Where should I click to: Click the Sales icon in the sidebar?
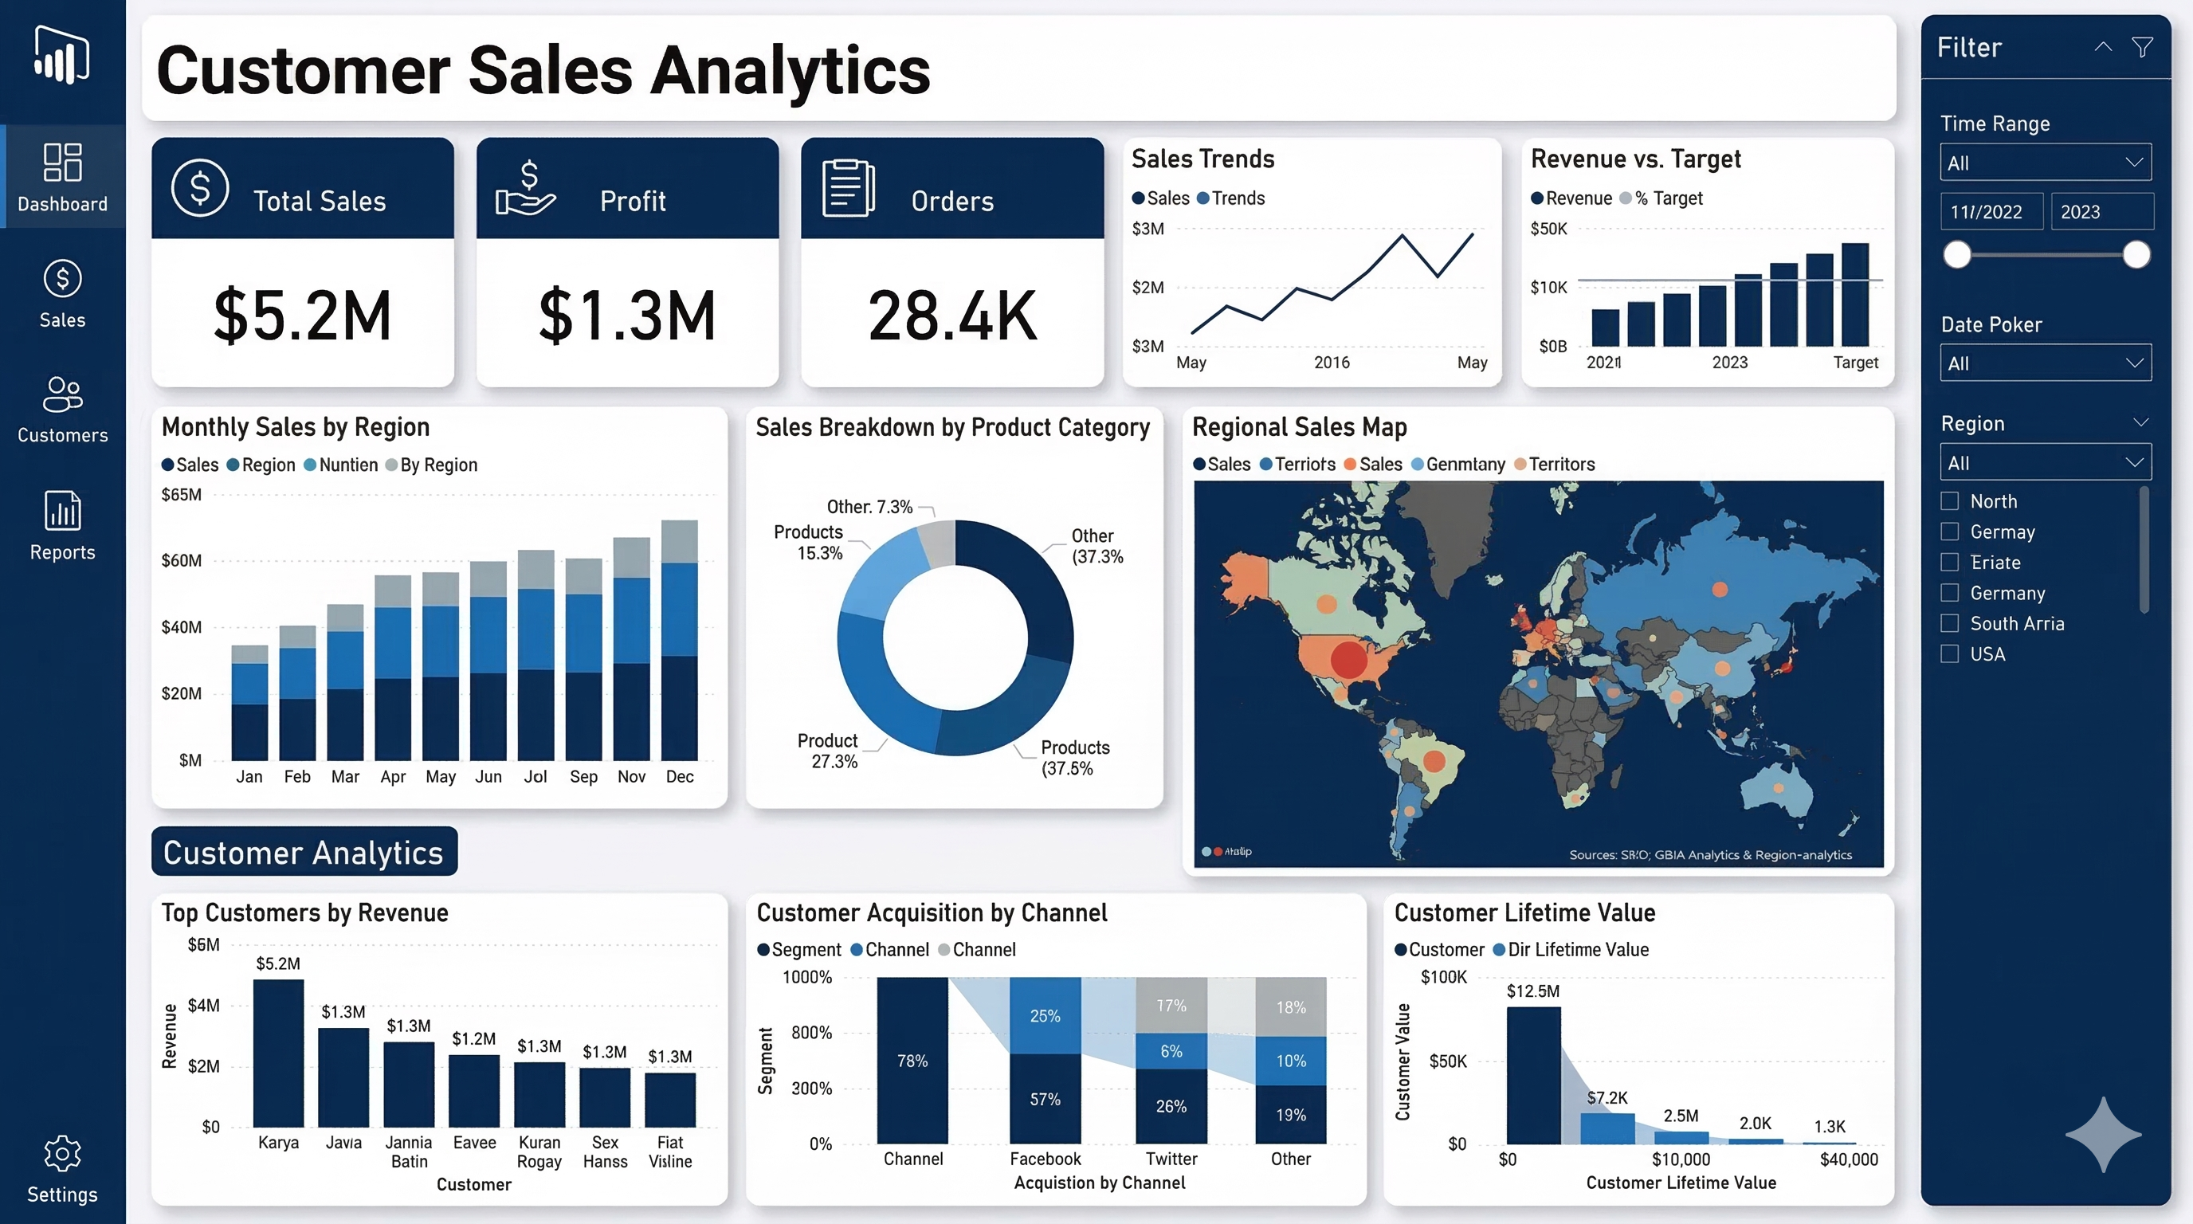pos(62,279)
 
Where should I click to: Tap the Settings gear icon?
pos(62,1153)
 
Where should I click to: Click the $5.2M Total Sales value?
pos(302,316)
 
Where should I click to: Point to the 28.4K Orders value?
pos(951,316)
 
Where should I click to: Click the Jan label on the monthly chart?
pos(249,776)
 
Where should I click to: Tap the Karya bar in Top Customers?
pos(278,1053)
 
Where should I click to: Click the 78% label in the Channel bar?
pos(912,1061)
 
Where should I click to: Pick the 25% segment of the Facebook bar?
pos(1045,1015)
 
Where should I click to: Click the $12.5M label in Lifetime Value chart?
pos(1532,991)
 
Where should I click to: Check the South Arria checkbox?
pos(1949,623)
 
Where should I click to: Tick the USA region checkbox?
pos(1949,653)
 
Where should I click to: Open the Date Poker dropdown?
pos(2045,363)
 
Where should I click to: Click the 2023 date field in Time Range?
pos(2101,212)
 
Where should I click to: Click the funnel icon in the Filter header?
pos(2142,47)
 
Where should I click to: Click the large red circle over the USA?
pos(1348,659)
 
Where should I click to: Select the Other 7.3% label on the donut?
pos(869,507)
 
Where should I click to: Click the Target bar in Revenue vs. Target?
pos(1855,295)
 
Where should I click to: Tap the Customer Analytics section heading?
pos(304,852)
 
